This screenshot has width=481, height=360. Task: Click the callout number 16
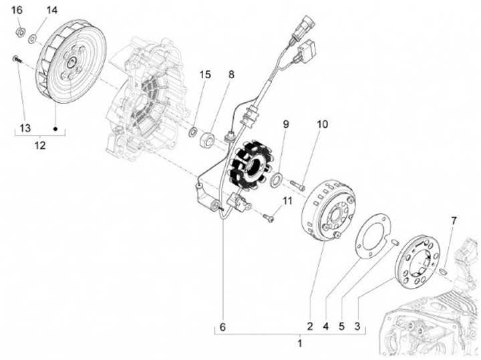[x=17, y=10]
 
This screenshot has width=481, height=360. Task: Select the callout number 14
[x=52, y=10]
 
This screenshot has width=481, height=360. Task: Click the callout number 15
[x=205, y=75]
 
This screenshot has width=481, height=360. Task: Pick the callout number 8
[x=231, y=75]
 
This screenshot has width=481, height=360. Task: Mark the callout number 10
[x=322, y=125]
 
